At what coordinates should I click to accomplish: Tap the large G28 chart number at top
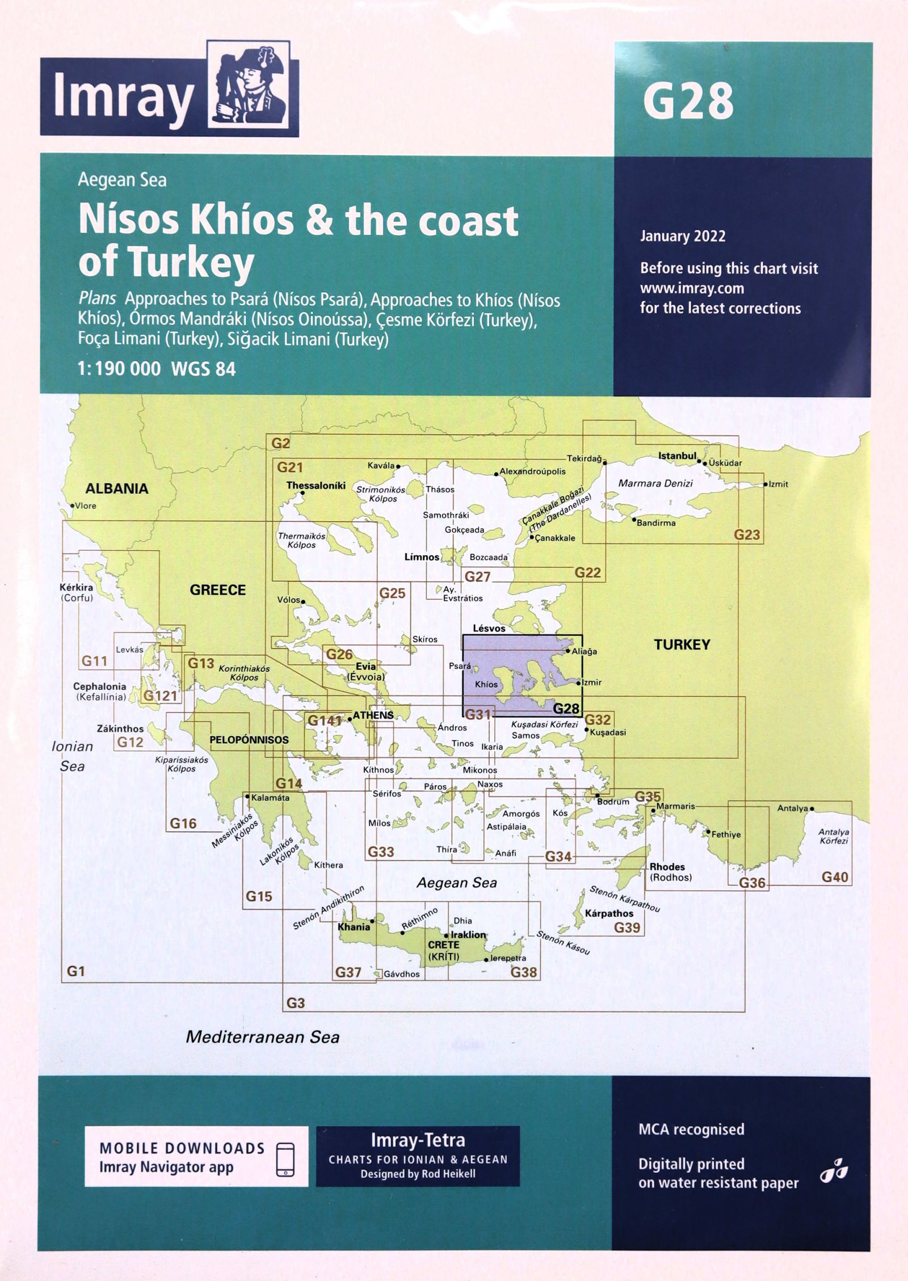pos(688,101)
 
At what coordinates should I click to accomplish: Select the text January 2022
pos(683,236)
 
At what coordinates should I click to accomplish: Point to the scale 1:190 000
pos(120,369)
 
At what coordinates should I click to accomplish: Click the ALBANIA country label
pos(117,488)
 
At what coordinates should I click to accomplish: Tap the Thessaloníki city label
pos(316,486)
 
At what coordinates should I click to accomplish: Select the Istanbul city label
pos(677,456)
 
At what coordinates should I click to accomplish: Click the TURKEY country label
pos(682,644)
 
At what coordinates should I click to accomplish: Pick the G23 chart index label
pos(747,534)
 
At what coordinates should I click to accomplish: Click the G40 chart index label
pos(835,877)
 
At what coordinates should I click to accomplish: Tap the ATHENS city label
pos(373,715)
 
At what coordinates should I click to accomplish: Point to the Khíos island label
pos(486,684)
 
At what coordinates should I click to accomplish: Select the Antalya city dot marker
pos(812,808)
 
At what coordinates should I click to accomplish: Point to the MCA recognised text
pos(691,1113)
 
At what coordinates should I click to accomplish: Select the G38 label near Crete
pos(523,972)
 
